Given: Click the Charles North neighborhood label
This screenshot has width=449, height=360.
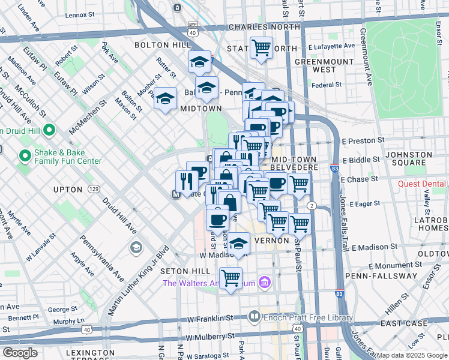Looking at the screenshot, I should coord(264,28).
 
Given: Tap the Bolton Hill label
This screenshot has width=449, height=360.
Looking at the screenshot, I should coord(158,45).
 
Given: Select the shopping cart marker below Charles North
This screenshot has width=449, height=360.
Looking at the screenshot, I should coord(261,47).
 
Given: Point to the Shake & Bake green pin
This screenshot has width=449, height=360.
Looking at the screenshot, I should coord(25,157).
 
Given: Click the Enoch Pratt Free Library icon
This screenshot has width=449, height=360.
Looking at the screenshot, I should coord(254,316).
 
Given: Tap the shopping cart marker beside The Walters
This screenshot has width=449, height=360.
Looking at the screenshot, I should coord(231,278).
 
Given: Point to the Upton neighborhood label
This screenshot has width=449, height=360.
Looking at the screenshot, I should coord(67,190).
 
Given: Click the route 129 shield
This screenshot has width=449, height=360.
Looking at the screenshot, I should coord(94,189).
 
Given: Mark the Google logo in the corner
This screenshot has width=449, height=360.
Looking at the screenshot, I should coord(20,353).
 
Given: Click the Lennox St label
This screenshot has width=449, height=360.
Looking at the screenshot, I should coord(85,14).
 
